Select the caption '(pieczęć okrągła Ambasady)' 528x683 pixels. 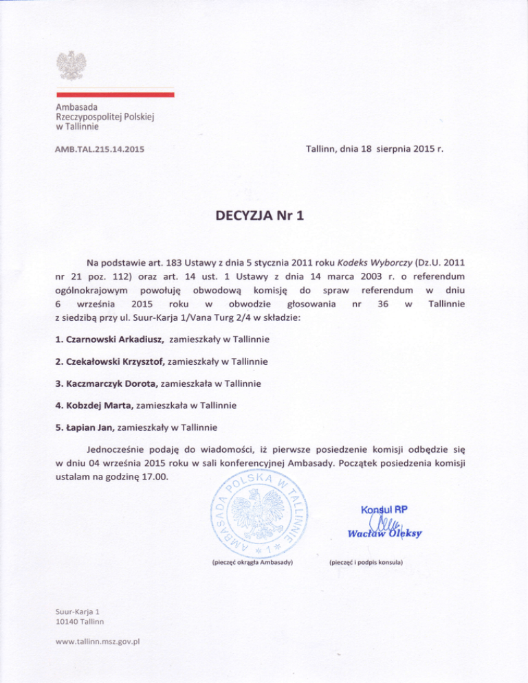point(250,563)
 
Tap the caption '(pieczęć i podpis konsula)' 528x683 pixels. point(365,563)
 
